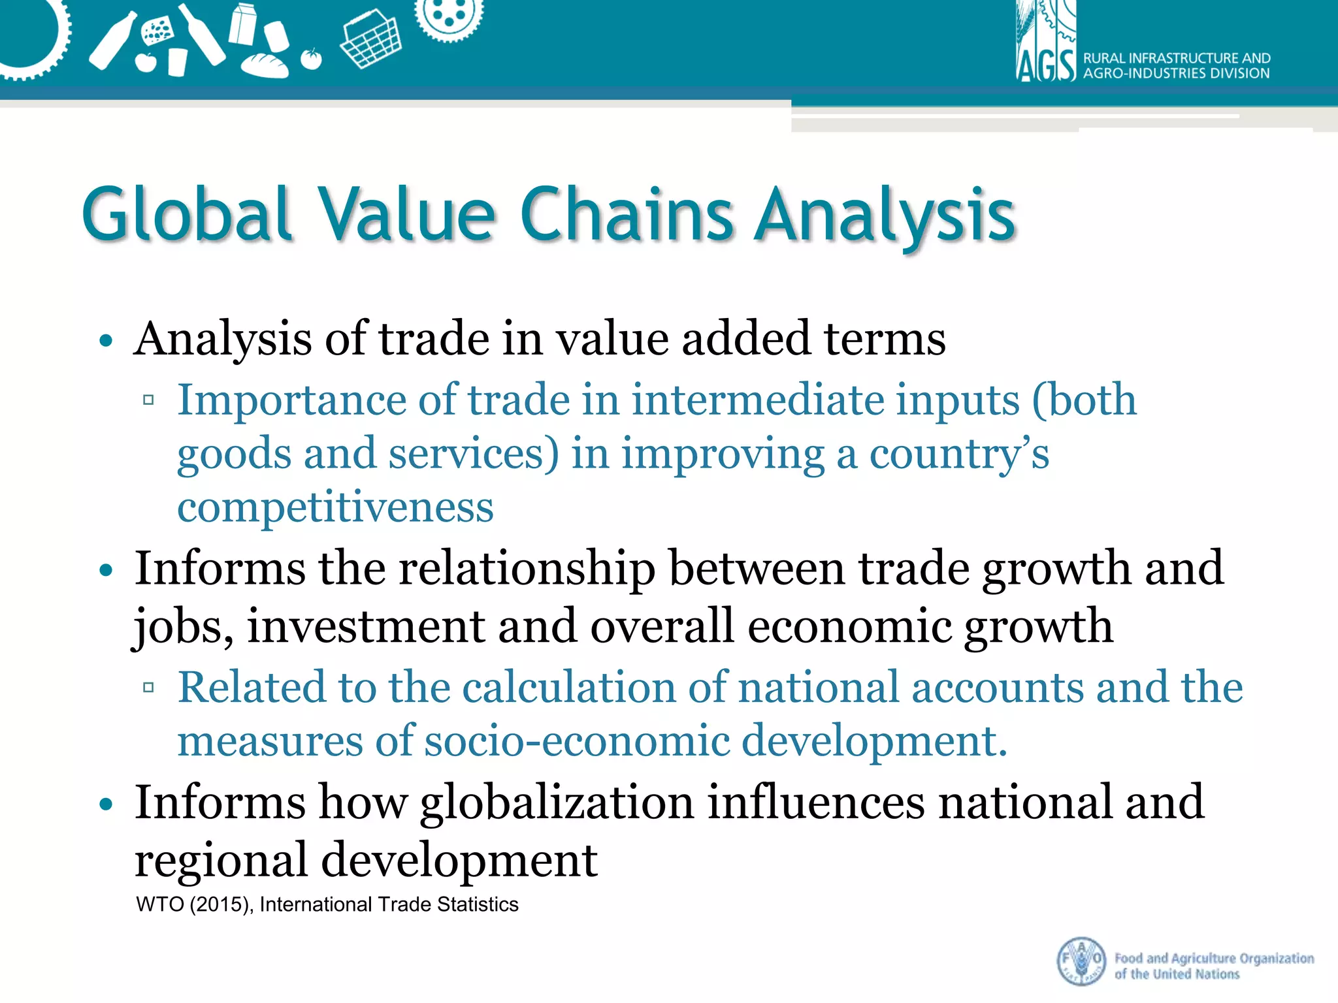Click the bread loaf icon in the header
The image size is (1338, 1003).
[265, 65]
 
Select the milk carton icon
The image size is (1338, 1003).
[242, 24]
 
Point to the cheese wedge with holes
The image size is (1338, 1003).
[157, 30]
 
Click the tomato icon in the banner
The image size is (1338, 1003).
[312, 59]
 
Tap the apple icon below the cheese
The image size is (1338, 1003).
[146, 62]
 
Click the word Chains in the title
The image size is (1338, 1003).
[627, 214]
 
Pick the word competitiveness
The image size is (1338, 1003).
[335, 507]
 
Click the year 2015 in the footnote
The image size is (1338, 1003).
[220, 904]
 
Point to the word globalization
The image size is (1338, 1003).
[557, 802]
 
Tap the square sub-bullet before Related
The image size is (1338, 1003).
[148, 688]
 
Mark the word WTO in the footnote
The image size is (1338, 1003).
[159, 904]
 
